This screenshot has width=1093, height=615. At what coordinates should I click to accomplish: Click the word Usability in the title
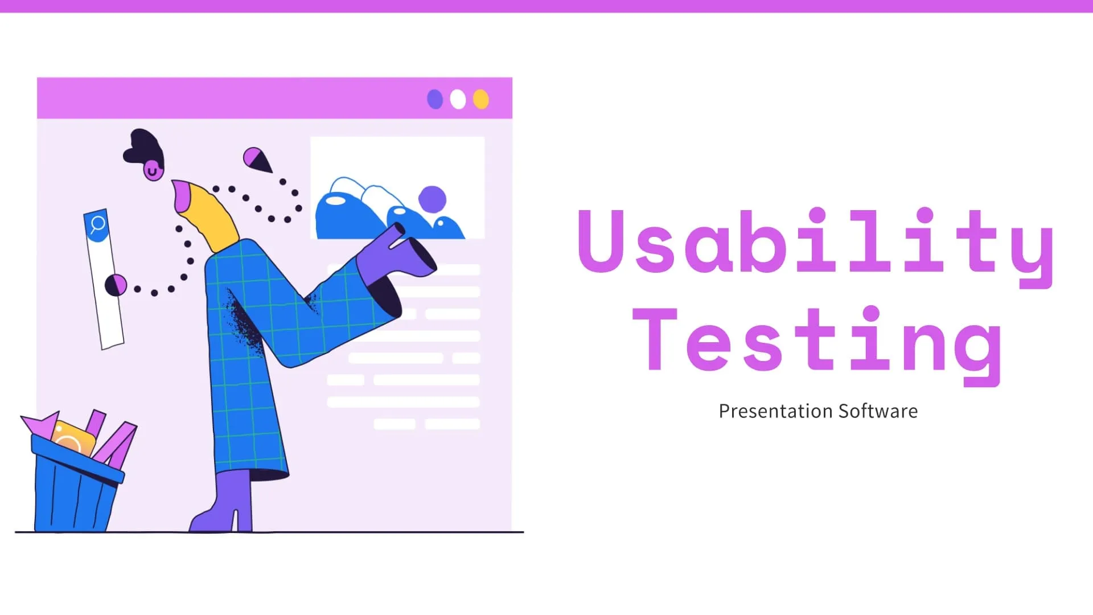(x=814, y=242)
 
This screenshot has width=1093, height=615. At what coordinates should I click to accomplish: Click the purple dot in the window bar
(x=435, y=99)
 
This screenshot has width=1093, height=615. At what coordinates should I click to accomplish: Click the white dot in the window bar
(x=458, y=99)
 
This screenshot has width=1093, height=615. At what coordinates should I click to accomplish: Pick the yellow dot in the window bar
(x=481, y=99)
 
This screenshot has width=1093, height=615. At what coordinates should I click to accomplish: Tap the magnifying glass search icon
(x=97, y=224)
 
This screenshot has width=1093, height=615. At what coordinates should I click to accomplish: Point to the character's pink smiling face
(x=153, y=170)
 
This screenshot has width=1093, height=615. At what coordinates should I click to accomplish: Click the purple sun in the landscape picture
(x=432, y=199)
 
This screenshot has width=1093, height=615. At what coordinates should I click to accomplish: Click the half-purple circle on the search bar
(x=116, y=285)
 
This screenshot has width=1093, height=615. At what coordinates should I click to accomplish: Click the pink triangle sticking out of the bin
(x=41, y=425)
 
